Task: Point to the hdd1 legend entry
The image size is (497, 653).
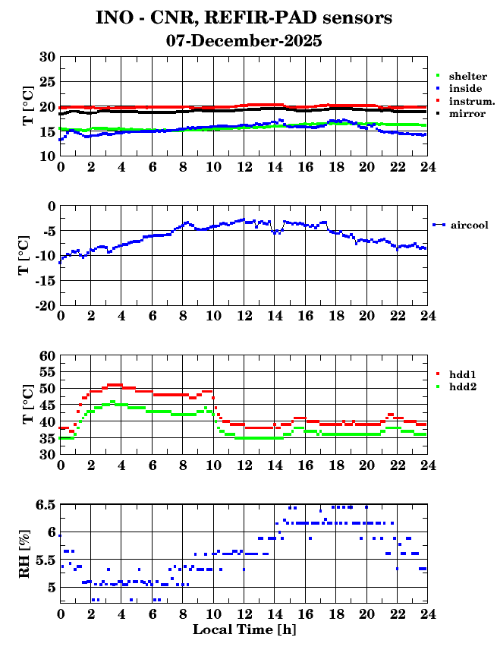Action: coord(462,374)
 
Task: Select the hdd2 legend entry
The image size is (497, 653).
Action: coord(462,386)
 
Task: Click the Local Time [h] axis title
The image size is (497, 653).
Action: coord(244,629)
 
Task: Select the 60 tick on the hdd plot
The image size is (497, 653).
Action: coord(47,355)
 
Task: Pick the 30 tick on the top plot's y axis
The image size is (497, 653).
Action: coord(47,57)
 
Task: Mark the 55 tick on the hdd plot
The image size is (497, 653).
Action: coord(47,372)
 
